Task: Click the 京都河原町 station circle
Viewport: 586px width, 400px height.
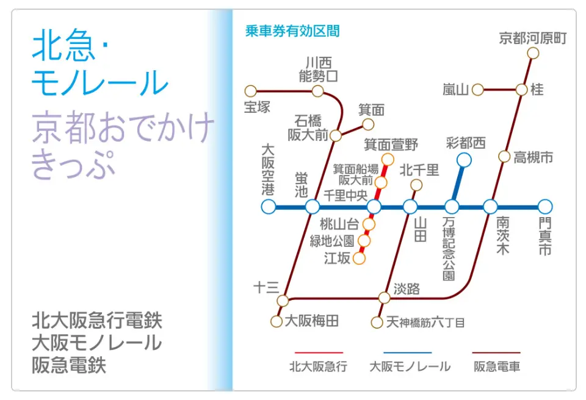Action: pos(533,53)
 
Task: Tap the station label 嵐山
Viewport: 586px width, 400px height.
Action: pos(455,90)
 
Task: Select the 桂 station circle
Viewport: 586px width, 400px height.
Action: pos(522,90)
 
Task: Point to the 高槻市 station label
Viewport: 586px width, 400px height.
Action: pos(534,157)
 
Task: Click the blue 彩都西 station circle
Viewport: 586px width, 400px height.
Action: pos(464,160)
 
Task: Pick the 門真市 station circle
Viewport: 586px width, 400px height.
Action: pos(545,206)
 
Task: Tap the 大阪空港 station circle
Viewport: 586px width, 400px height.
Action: pos(269,206)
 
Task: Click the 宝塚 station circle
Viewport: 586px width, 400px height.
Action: pos(250,91)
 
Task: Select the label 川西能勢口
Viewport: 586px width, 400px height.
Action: pos(319,70)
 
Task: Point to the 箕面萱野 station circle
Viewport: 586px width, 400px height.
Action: pos(388,160)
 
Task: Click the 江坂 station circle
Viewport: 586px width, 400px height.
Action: pos(359,258)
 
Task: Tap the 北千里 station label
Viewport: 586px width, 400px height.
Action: pos(419,170)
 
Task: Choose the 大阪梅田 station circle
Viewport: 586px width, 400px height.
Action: pos(276,321)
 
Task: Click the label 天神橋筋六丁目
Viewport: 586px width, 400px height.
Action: pos(425,322)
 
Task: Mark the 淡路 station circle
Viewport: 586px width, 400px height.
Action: pos(384,298)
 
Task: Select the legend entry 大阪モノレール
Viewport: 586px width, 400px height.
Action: pos(410,366)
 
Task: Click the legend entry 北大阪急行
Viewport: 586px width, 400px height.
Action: pos(319,366)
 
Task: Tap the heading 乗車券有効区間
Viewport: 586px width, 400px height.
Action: pos(292,31)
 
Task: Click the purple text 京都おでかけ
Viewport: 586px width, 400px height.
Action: pos(123,127)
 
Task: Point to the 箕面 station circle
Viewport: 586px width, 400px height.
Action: pos(367,124)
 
